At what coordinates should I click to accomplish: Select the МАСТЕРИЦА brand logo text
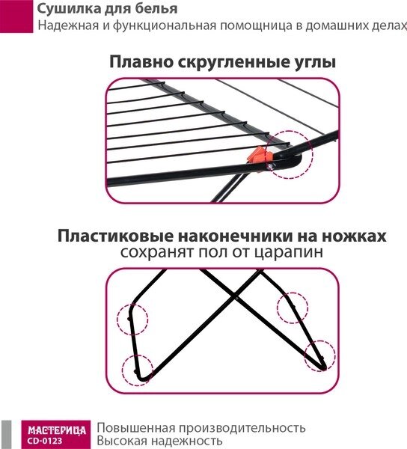coord(57,430)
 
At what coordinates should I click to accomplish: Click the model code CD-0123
coord(45,441)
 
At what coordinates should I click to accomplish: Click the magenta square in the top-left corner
coord(16,16)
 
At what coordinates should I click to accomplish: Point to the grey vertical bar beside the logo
coord(6,435)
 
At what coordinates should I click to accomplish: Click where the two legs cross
coord(236,297)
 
